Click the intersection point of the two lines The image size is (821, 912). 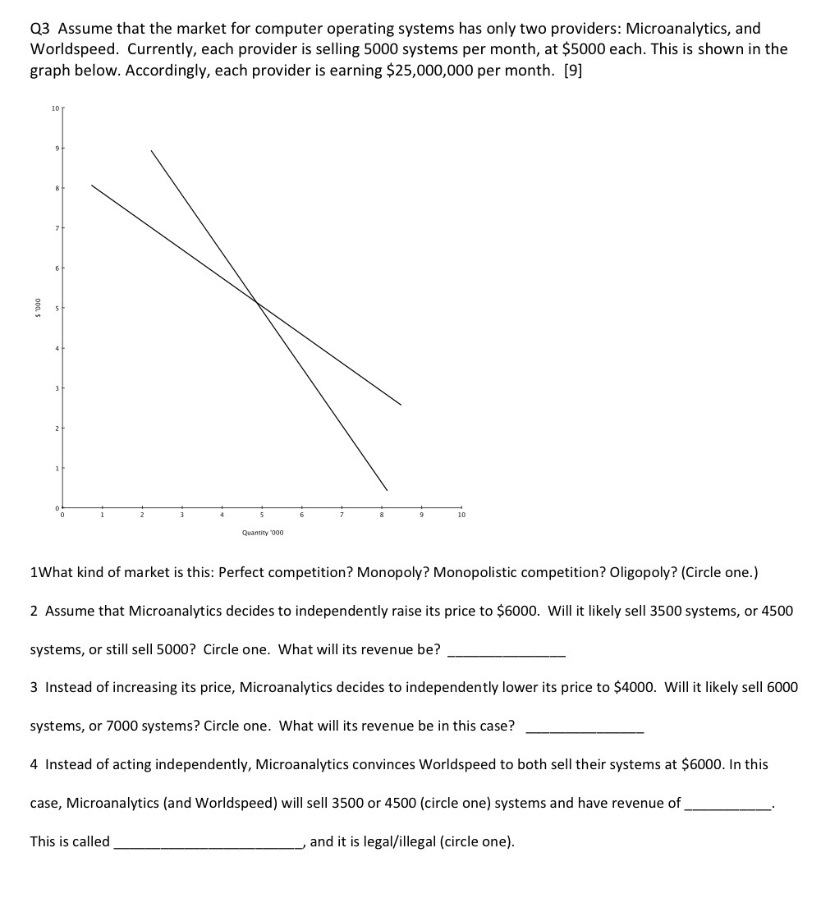tap(258, 303)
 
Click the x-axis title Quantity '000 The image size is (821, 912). tap(263, 533)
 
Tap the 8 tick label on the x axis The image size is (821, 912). tap(382, 516)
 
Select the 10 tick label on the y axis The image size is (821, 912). tap(54, 108)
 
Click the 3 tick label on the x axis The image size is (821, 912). tap(182, 516)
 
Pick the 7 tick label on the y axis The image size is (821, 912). tap(56, 227)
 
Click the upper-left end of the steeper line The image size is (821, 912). tap(151, 150)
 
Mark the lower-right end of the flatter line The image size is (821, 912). tap(401, 405)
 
